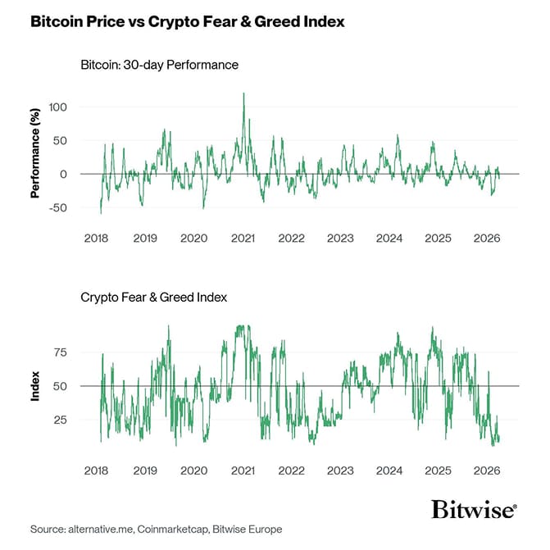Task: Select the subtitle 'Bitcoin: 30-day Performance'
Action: (x=160, y=64)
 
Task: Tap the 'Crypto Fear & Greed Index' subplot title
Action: (x=153, y=298)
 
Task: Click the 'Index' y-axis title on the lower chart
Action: (x=35, y=386)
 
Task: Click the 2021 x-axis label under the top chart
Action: (x=243, y=239)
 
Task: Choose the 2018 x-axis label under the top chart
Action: (x=97, y=239)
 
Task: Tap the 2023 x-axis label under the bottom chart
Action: (x=340, y=471)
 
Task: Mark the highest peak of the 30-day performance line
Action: (x=243, y=94)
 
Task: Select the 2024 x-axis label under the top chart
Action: (x=389, y=239)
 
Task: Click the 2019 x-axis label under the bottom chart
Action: (x=145, y=471)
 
